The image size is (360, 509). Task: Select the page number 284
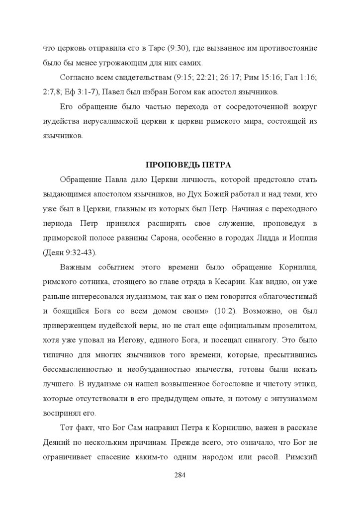pos(180,475)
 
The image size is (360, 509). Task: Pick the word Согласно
pos(76,78)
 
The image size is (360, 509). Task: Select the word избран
pos(150,92)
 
